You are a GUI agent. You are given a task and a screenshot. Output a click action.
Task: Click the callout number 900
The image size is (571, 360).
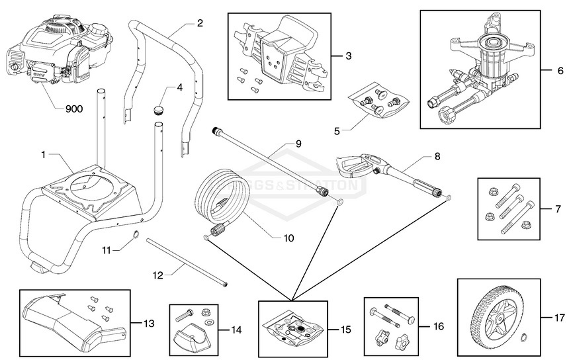(73, 109)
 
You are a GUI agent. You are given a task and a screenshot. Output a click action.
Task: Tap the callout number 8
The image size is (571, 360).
(437, 157)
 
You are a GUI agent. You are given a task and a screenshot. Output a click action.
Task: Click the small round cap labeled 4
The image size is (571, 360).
(158, 109)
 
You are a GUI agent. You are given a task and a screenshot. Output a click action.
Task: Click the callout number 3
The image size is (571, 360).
(348, 56)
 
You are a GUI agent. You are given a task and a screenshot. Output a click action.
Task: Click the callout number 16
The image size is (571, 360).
(439, 326)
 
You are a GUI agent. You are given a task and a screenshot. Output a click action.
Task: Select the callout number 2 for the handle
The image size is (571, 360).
(200, 23)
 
